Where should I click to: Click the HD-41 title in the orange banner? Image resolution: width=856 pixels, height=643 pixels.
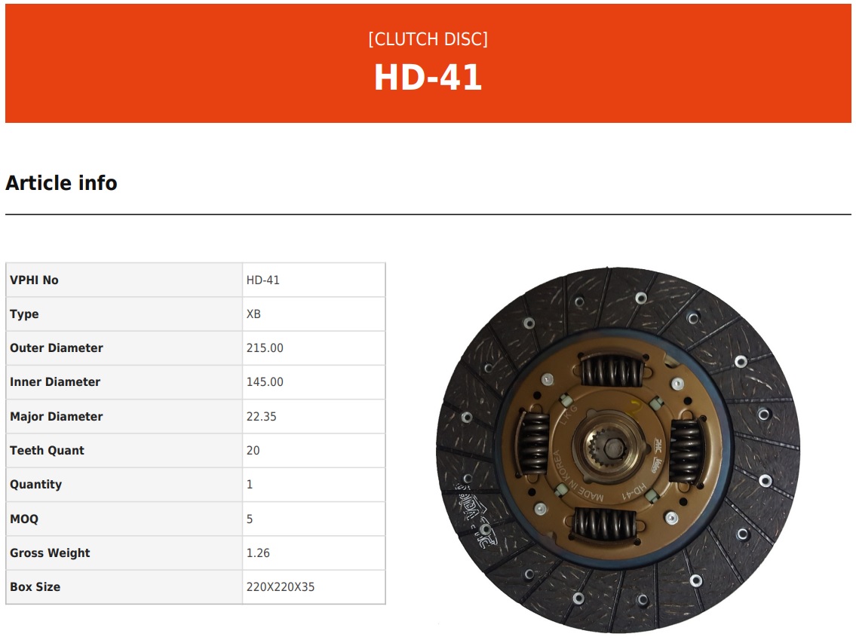(x=428, y=77)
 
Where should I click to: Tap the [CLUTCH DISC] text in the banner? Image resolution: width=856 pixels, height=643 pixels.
(x=428, y=39)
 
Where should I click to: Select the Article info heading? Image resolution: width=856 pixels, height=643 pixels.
(x=61, y=183)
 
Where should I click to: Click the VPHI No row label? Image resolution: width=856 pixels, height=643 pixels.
(x=34, y=280)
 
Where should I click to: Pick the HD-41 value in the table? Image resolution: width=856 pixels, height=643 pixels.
(x=262, y=280)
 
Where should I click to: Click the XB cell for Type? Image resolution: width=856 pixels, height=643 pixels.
(x=253, y=314)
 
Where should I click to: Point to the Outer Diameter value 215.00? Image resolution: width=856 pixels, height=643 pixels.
(x=265, y=348)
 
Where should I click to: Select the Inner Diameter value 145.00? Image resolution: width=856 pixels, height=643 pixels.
(x=265, y=381)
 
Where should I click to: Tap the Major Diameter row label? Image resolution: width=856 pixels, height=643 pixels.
(x=57, y=416)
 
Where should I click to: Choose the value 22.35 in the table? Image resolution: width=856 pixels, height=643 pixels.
(x=261, y=416)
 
